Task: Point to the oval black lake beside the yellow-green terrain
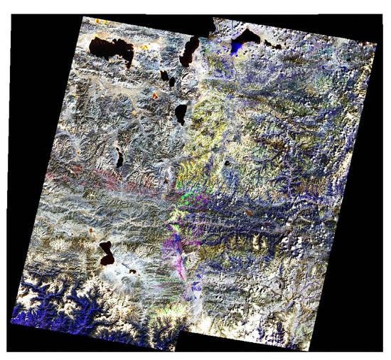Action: (x=181, y=114)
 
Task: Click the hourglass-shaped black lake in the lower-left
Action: (x=107, y=253)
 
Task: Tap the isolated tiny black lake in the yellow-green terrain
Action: (x=227, y=163)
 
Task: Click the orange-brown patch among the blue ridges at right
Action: (x=250, y=211)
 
